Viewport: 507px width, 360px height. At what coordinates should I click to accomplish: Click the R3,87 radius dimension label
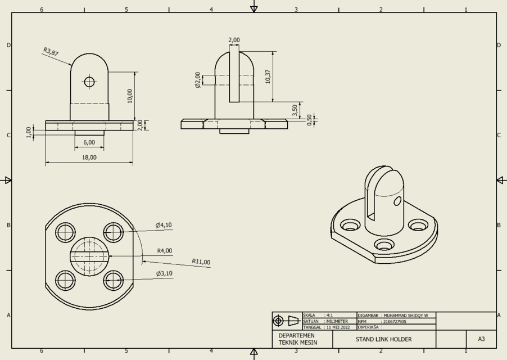click(x=51, y=52)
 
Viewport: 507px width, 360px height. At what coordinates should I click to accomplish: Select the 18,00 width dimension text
click(x=89, y=157)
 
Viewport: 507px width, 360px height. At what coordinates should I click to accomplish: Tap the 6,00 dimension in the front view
click(x=89, y=142)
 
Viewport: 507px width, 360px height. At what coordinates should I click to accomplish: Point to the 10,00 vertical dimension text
click(x=130, y=96)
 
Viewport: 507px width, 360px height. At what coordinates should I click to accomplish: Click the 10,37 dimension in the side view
click(x=268, y=76)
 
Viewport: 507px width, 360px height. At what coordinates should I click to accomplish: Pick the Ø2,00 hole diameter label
click(x=198, y=80)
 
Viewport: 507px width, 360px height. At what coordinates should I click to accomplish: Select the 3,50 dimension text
click(x=295, y=110)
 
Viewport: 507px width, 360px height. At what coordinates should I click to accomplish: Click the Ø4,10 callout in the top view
click(x=164, y=225)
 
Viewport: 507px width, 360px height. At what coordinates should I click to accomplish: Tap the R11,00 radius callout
click(x=201, y=262)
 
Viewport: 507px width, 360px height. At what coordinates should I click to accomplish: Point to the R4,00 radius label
click(x=164, y=251)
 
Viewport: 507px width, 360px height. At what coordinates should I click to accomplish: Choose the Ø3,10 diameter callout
click(x=164, y=273)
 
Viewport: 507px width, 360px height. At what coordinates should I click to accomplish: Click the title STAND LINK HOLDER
click(x=383, y=339)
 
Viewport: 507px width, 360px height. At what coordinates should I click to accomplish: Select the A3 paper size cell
click(x=481, y=339)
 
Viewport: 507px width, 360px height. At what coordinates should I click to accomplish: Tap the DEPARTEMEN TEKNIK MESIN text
click(x=298, y=339)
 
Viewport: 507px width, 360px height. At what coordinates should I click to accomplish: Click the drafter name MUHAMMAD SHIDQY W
click(x=404, y=316)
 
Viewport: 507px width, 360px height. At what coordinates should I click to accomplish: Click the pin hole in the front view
click(x=89, y=82)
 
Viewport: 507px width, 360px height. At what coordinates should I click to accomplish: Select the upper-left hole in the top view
click(x=66, y=232)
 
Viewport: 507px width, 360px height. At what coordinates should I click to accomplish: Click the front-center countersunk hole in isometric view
click(x=384, y=245)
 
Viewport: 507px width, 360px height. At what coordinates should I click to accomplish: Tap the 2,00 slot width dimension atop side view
click(x=234, y=40)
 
